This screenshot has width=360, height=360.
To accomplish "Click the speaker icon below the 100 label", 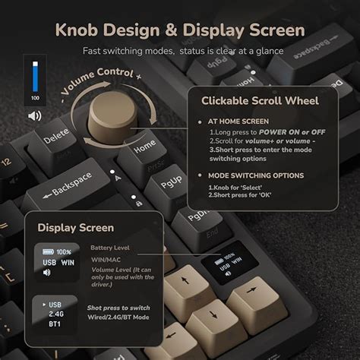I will click(34, 115).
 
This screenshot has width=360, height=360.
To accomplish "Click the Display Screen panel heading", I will click(75, 227).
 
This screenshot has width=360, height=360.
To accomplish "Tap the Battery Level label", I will click(110, 248).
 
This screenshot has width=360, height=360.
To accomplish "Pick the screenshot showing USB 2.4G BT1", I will click(55, 313).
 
